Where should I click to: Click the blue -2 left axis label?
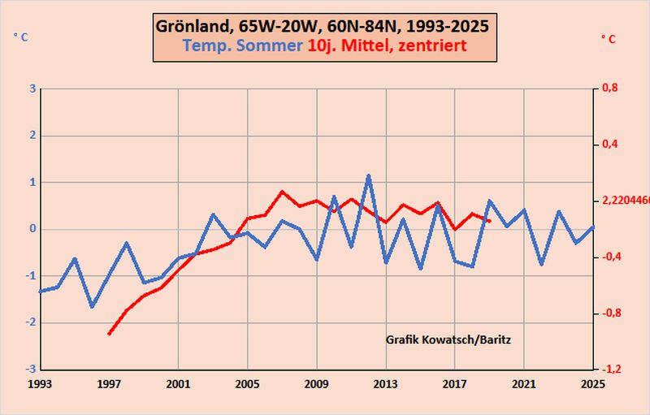[x=28, y=322]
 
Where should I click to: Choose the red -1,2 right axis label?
[x=609, y=370]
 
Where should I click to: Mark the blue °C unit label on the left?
[x=20, y=36]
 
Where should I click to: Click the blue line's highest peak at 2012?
[x=368, y=175]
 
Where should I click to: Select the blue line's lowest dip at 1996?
[x=92, y=307]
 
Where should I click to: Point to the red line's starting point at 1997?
[x=109, y=333]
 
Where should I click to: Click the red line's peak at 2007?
[x=282, y=192]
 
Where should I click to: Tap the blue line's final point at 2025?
[x=593, y=227]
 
